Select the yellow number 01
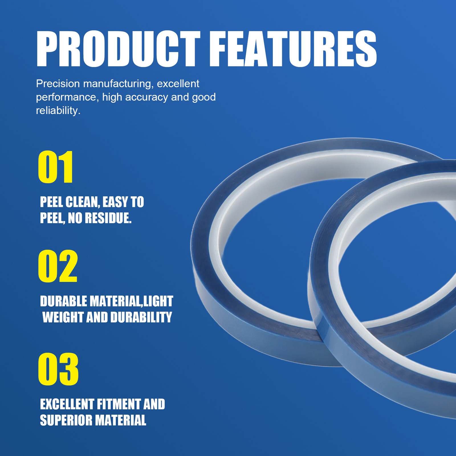pyautogui.click(x=56, y=167)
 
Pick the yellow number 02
pyautogui.click(x=58, y=266)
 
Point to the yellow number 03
pyautogui.click(x=58, y=369)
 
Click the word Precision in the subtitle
pyautogui.click(x=58, y=84)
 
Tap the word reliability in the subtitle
pyautogui.click(x=58, y=111)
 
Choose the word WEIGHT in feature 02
pyautogui.click(x=63, y=317)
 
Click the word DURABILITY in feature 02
pyautogui.click(x=141, y=317)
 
